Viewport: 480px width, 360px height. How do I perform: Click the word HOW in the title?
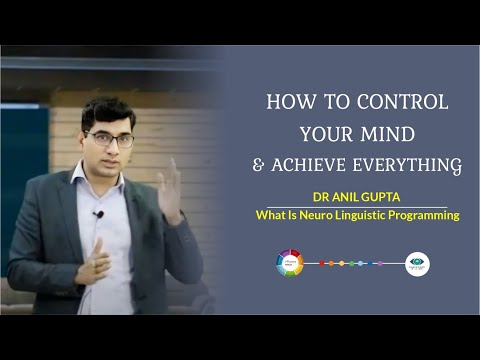coord(287,103)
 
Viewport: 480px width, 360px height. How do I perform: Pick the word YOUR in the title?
coord(325,132)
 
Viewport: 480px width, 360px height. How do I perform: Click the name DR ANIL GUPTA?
coord(357,198)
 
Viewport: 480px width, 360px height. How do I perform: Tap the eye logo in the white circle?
coord(417,264)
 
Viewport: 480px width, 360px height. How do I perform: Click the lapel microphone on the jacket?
coord(98,215)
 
